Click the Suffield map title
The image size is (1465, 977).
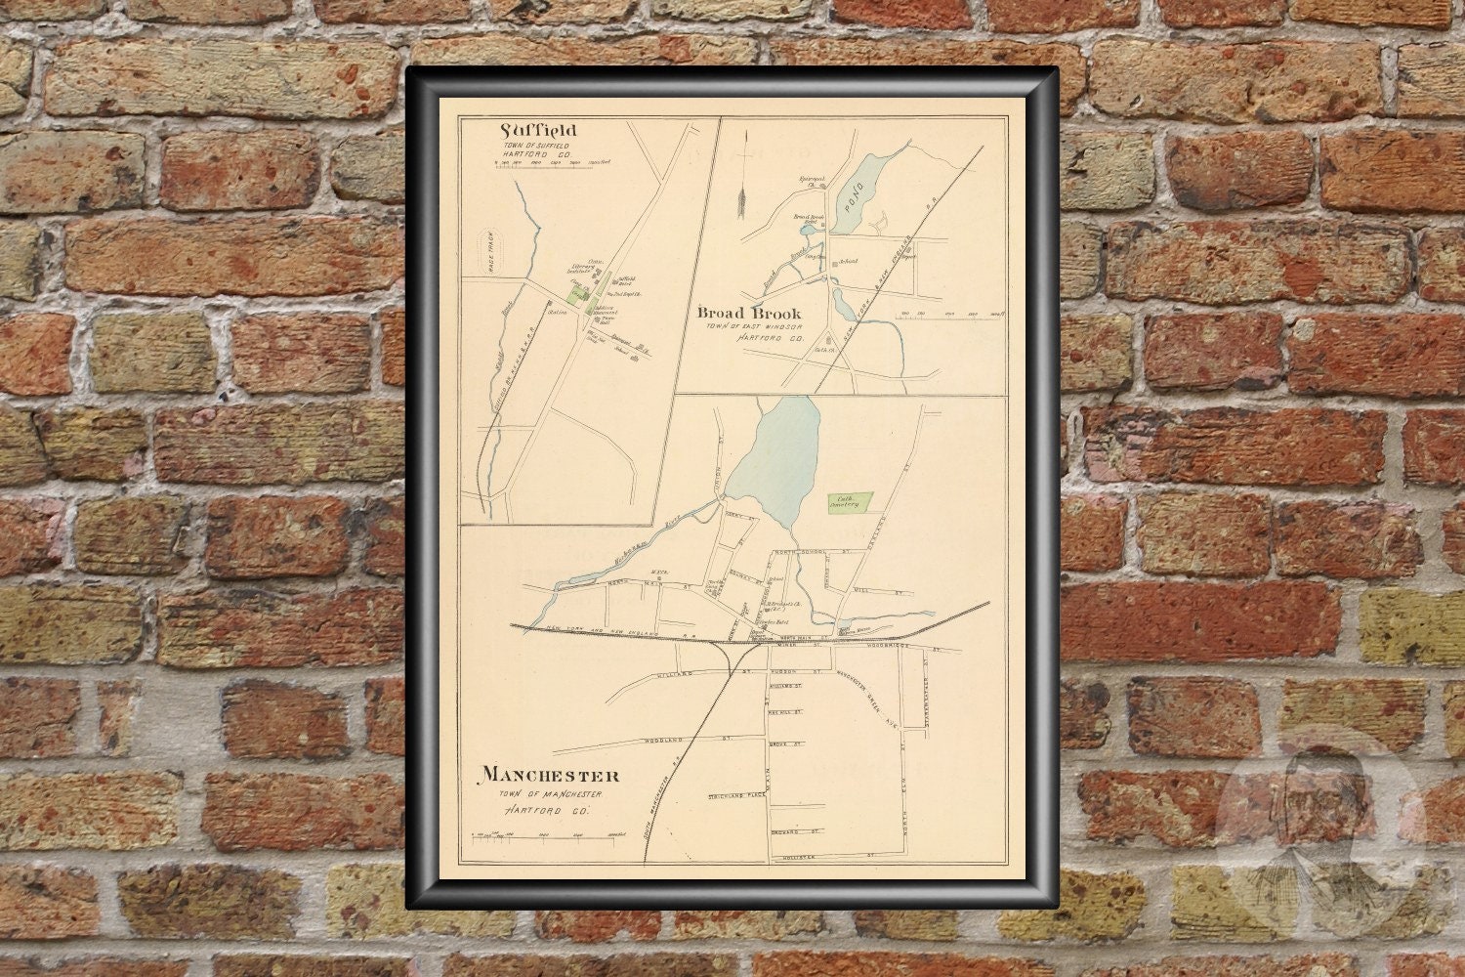(538, 130)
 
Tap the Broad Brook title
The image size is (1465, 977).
(749, 313)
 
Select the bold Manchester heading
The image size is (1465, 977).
(549, 775)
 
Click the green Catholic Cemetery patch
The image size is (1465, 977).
(845, 500)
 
